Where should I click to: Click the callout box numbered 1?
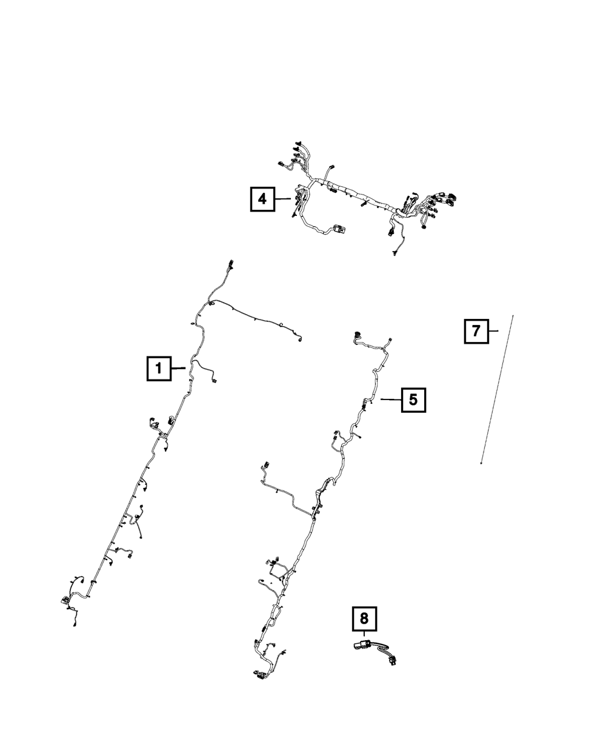pyautogui.click(x=158, y=367)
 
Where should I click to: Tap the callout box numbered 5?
pyautogui.click(x=413, y=400)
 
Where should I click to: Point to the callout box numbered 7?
pyautogui.click(x=476, y=331)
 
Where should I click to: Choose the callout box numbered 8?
pyautogui.click(x=364, y=618)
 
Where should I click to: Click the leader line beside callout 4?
pyautogui.click(x=283, y=198)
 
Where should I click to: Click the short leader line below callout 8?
pyautogui.click(x=364, y=636)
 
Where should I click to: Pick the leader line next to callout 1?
pyautogui.click(x=179, y=367)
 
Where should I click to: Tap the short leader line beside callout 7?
pyautogui.click(x=493, y=331)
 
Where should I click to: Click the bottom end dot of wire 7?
pyautogui.click(x=481, y=464)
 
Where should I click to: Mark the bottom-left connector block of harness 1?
pyautogui.click(x=64, y=600)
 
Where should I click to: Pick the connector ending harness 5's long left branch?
pyautogui.click(x=264, y=466)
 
